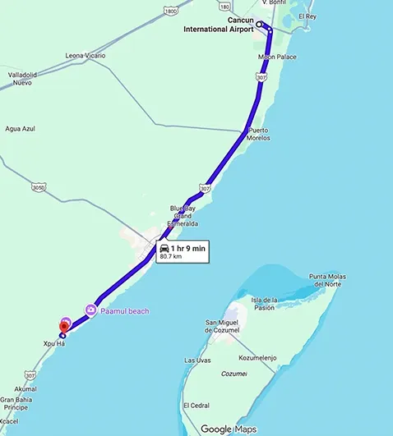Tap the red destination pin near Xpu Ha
pos(64,326)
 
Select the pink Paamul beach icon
pos(90,310)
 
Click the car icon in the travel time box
pos(164,247)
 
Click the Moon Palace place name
pos(277,57)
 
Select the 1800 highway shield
pos(170,11)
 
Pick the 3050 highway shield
pos(38,187)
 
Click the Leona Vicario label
pos(86,56)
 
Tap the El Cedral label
pos(196,405)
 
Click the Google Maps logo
pos(228,429)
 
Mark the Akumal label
pos(25,388)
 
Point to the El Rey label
pos(307,16)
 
